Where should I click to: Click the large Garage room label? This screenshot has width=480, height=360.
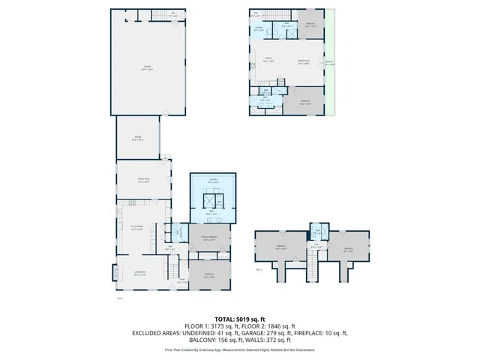pyautogui.click(x=146, y=67)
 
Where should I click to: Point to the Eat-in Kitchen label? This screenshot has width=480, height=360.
pyautogui.click(x=139, y=227)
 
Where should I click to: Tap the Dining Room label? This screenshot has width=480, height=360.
pyautogui.click(x=304, y=61)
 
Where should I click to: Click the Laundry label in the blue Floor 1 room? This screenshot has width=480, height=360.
pyautogui.click(x=213, y=179)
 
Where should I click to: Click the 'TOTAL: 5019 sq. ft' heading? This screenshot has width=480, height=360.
pyautogui.click(x=240, y=319)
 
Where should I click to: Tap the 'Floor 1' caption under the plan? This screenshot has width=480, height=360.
pyautogui.click(x=120, y=298)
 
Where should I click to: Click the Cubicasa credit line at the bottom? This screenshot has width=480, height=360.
pyautogui.click(x=240, y=349)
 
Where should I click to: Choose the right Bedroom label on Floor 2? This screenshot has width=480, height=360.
pyautogui.click(x=349, y=249)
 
